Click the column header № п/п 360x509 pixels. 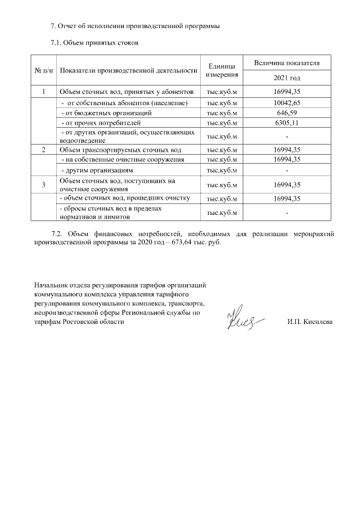(43, 70)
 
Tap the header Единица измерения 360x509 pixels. (222, 70)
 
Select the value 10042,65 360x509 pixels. (286, 103)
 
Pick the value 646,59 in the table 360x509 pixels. (286, 112)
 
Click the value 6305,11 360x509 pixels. (286, 122)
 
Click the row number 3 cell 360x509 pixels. (43, 184)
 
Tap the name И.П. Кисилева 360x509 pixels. (309, 322)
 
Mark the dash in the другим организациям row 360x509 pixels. (286, 170)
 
